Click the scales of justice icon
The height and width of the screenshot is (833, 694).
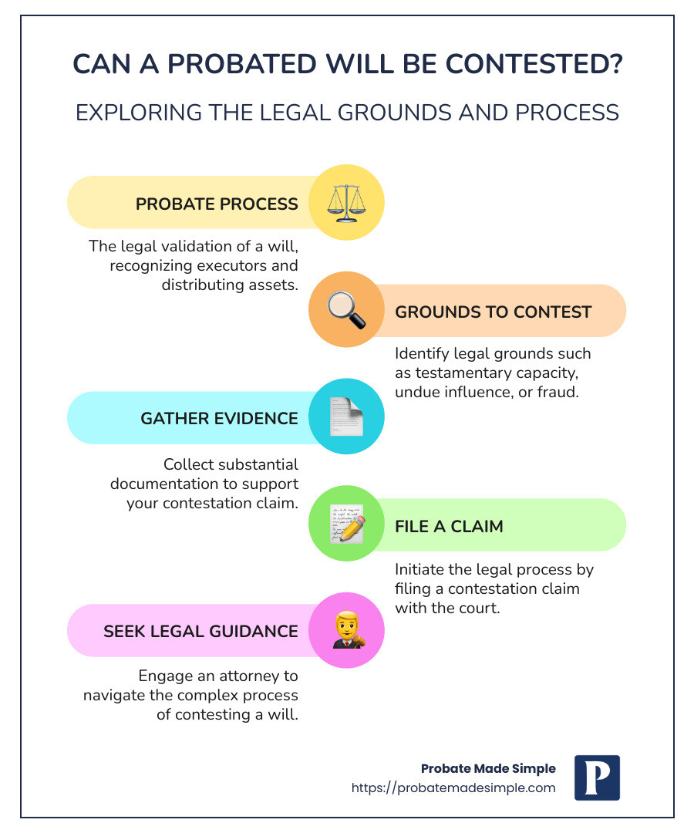click(342, 203)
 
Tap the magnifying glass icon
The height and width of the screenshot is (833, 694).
click(345, 311)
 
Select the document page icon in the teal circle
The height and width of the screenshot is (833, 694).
click(345, 417)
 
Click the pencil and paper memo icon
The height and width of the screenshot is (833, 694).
click(346, 524)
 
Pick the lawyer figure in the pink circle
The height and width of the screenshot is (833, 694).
click(346, 630)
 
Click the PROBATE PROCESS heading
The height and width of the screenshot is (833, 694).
click(217, 204)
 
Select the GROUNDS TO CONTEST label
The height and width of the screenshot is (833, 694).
click(493, 312)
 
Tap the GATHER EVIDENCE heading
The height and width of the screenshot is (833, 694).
click(219, 418)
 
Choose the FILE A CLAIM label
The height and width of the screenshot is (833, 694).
click(449, 526)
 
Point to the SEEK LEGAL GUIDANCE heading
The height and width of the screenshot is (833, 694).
click(200, 631)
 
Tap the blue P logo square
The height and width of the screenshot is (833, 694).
click(597, 777)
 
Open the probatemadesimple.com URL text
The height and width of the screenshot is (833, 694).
click(453, 787)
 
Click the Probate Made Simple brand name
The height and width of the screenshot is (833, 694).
click(488, 768)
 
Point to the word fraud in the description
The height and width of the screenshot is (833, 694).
click(557, 392)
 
